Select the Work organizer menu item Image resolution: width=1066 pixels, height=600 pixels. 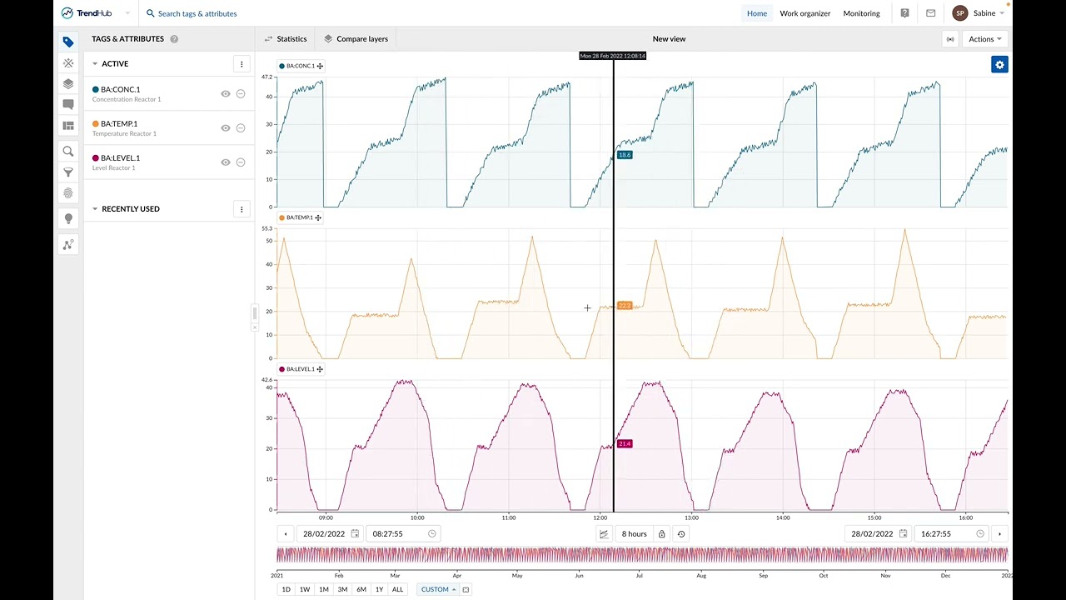point(804,13)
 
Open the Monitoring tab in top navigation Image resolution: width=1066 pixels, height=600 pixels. point(861,13)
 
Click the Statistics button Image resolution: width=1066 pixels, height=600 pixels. point(286,39)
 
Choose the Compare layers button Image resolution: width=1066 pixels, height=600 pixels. point(356,39)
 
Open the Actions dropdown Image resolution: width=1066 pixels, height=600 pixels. point(985,39)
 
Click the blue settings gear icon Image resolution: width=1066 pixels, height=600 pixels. point(999,65)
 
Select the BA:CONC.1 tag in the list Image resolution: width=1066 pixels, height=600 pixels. point(120,89)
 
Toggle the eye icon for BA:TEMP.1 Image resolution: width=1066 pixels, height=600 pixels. point(225,128)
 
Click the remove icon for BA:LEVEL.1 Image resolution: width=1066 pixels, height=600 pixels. point(241,162)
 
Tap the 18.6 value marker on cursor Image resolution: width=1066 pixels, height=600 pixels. point(625,155)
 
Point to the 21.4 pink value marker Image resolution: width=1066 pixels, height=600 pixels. point(625,443)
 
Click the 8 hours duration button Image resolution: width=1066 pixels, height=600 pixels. point(634,534)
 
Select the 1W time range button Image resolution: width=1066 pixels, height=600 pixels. point(305,589)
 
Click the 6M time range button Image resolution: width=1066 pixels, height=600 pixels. point(361,589)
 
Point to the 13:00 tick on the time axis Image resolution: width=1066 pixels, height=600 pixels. point(691,517)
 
